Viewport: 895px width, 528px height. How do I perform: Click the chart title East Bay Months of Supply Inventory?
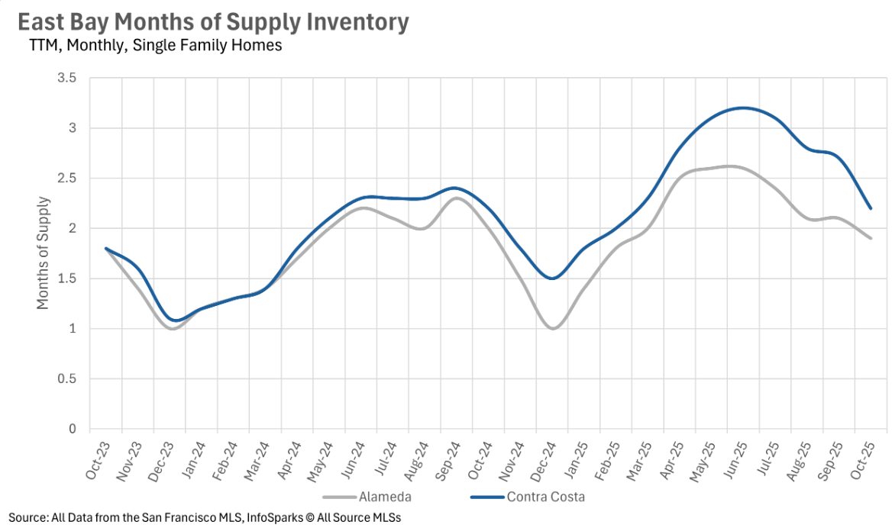click(213, 22)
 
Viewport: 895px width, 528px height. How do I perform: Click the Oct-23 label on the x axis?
click(96, 460)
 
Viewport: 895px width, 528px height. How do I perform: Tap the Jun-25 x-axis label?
click(734, 460)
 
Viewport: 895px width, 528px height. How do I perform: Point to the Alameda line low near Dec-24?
click(553, 328)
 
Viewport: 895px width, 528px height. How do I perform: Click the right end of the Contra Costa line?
click(871, 208)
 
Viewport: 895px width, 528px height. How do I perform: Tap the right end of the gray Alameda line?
click(871, 238)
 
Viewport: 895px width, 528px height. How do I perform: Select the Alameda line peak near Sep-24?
click(456, 198)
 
